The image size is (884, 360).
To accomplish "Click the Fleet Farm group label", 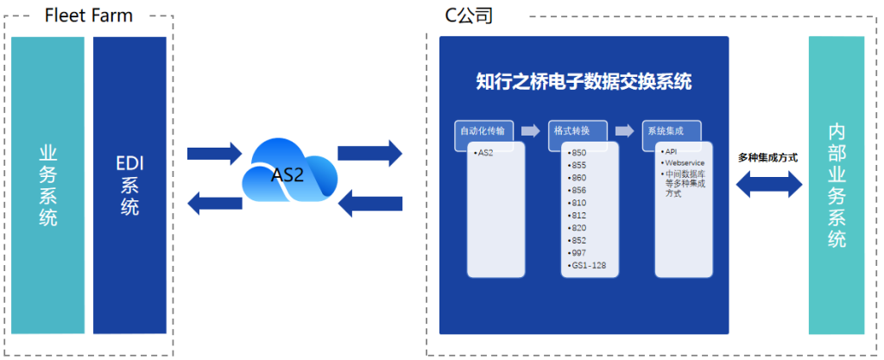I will coord(89,15).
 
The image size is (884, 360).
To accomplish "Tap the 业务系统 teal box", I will coord(48,185).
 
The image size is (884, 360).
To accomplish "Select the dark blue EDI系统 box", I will coord(129,185).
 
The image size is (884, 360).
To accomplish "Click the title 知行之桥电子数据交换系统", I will coord(584,82).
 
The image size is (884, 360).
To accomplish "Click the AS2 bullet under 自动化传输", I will coord(486,152).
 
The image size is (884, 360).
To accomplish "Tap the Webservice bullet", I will coord(683,161).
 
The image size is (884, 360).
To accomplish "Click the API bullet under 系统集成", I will coord(671,151).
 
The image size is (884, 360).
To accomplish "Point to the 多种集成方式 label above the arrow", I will coord(767,158).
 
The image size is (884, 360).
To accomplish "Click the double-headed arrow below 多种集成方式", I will coord(767,184).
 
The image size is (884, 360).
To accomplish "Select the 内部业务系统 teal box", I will coord(836,185).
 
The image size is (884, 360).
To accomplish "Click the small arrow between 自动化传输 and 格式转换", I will coord(536,131).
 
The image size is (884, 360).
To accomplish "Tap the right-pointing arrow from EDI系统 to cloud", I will coord(215,154).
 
